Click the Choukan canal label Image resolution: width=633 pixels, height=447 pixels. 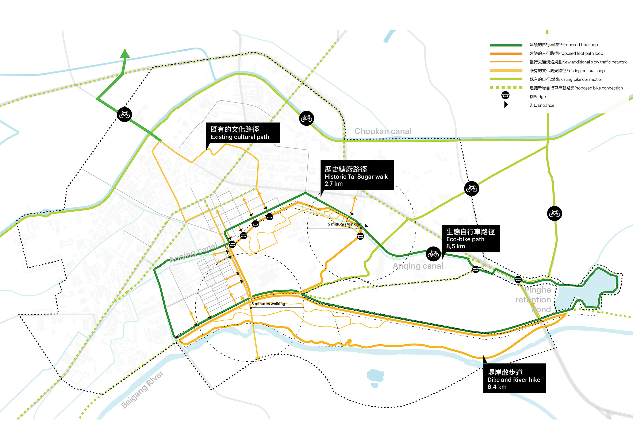(x=383, y=131)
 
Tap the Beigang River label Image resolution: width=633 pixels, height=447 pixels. (x=142, y=389)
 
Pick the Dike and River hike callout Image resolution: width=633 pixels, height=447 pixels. (x=514, y=379)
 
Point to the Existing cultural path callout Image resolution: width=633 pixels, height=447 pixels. (x=243, y=133)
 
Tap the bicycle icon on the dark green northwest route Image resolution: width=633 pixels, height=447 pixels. (x=124, y=115)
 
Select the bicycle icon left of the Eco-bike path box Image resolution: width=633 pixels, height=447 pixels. (x=433, y=254)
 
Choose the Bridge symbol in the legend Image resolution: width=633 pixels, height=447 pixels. (x=505, y=95)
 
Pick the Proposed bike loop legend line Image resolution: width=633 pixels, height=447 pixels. (x=506, y=45)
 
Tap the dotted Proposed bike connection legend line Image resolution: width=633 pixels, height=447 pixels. (x=506, y=88)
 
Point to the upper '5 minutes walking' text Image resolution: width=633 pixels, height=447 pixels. (x=344, y=224)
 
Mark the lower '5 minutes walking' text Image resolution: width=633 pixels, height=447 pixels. (x=268, y=304)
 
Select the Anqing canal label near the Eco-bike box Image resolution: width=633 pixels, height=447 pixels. (x=418, y=266)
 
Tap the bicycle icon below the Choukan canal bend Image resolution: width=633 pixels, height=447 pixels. (x=306, y=118)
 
